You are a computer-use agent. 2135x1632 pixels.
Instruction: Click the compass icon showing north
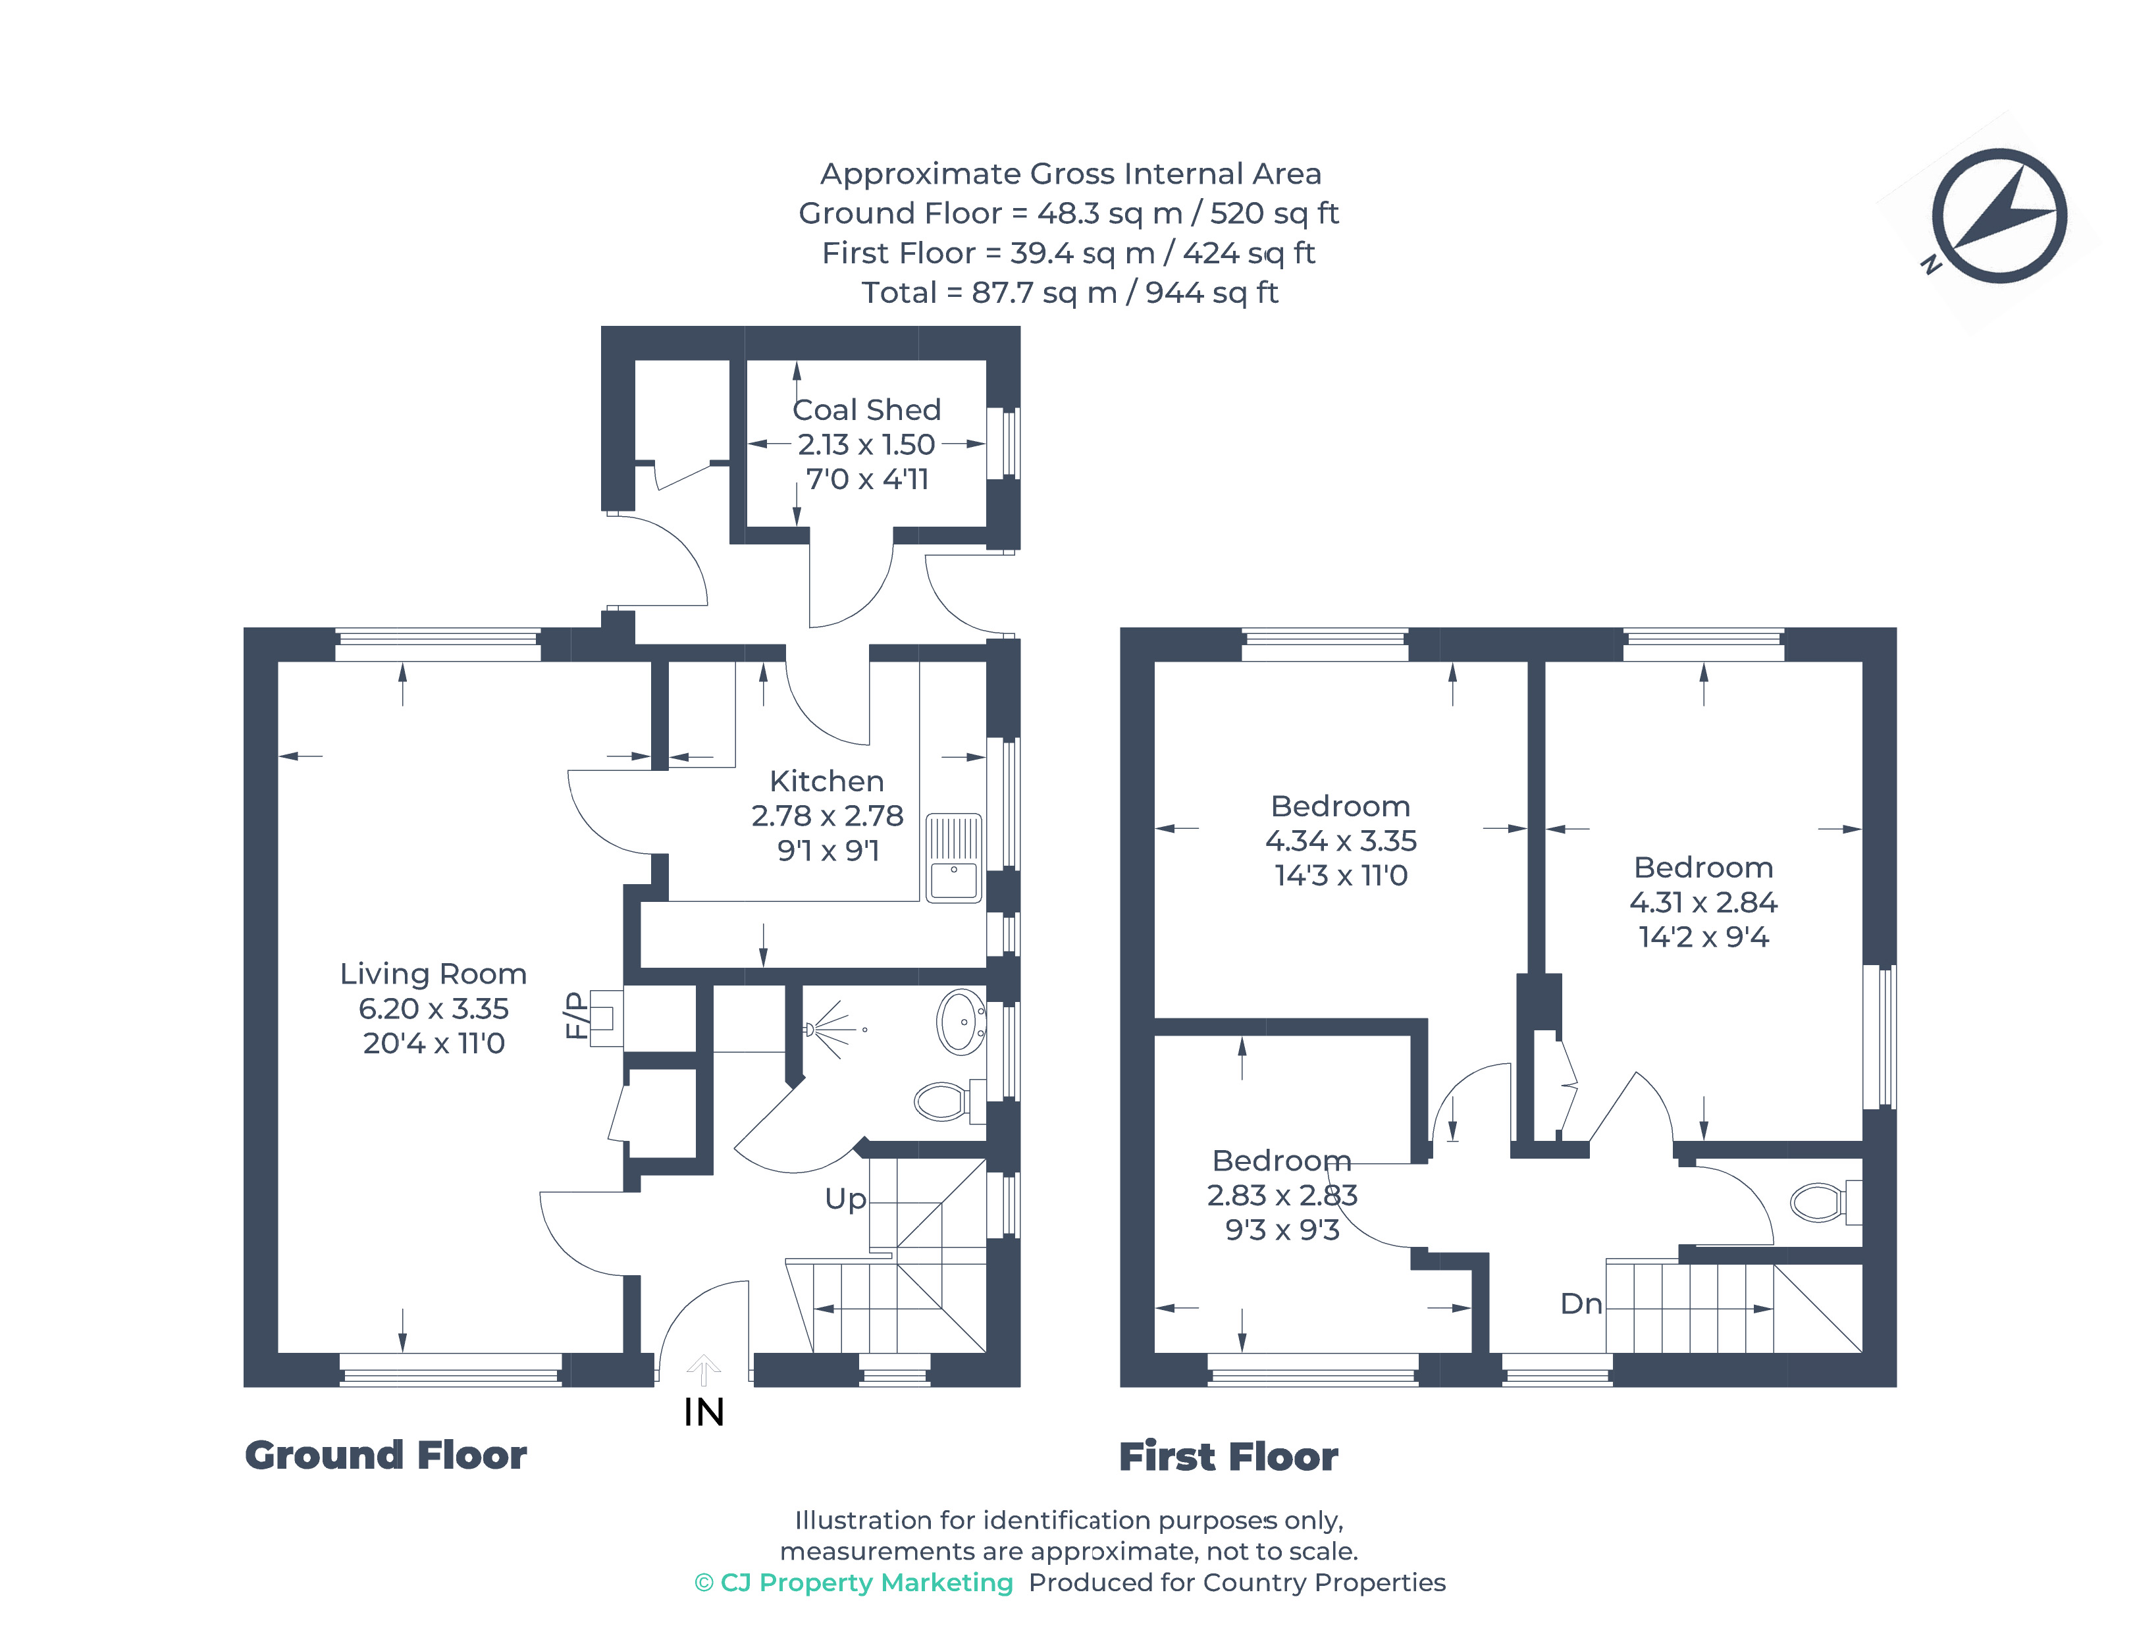pyautogui.click(x=1998, y=216)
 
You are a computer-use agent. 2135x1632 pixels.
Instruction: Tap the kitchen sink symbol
pyautogui.click(x=954, y=858)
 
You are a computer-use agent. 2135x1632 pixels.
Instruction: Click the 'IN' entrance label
pyautogui.click(x=703, y=1413)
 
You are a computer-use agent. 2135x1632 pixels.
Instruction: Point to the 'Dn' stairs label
pyautogui.click(x=1581, y=1303)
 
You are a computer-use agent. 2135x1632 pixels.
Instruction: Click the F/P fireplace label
pyautogui.click(x=576, y=1015)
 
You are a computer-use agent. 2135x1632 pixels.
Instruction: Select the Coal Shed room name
pyautogui.click(x=866, y=410)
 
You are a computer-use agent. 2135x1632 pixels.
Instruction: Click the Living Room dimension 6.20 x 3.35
pyautogui.click(x=433, y=1009)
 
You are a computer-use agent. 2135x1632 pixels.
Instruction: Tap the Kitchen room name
pyautogui.click(x=827, y=781)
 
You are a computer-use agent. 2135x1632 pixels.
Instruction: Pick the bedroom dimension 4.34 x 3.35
pyautogui.click(x=1340, y=840)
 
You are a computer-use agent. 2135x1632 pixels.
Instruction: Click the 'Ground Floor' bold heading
pyautogui.click(x=386, y=1455)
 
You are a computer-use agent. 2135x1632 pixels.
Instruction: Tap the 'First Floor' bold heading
pyautogui.click(x=1228, y=1457)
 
